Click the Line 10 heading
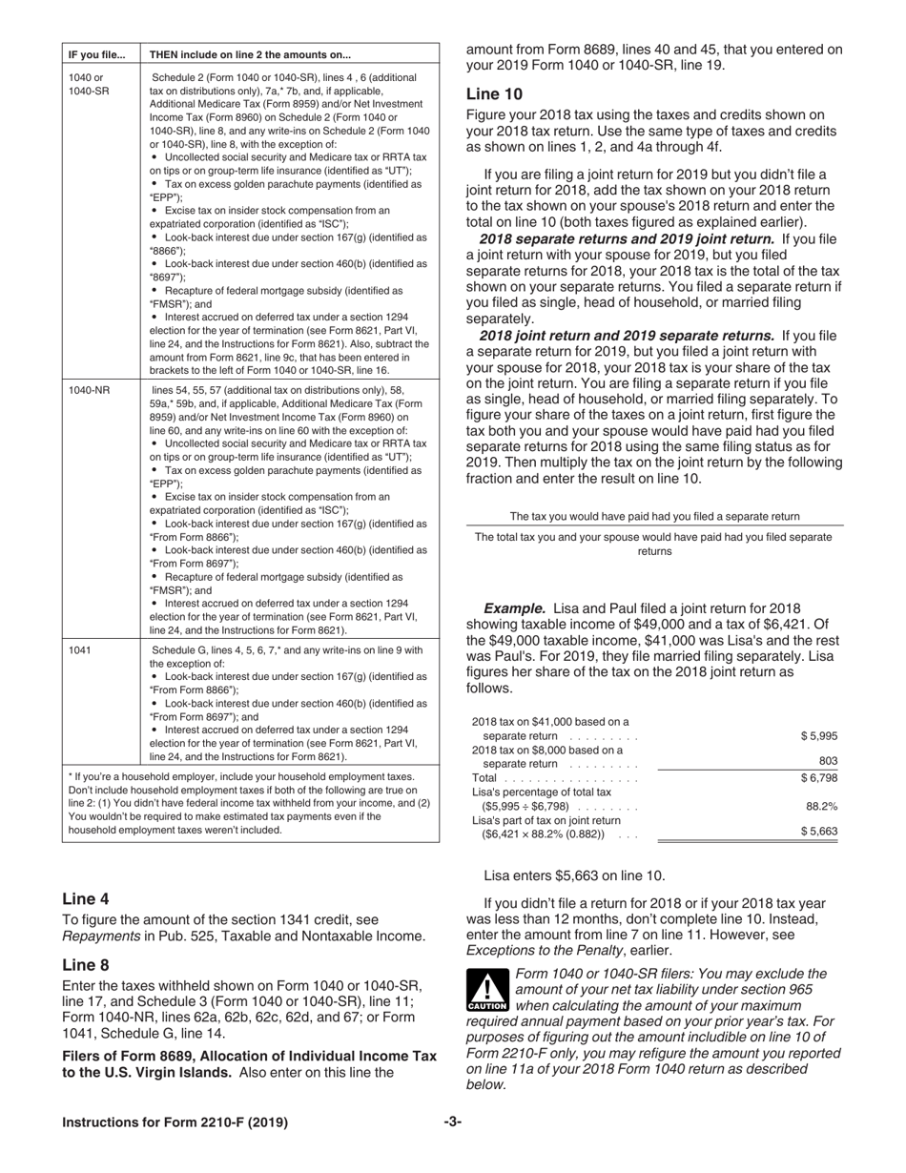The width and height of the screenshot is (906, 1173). point(494,93)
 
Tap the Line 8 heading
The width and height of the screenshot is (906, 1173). point(85,964)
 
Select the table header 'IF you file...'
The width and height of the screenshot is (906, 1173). point(96,53)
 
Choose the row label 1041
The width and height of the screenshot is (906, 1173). point(80,649)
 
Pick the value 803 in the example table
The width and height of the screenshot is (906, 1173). point(828,760)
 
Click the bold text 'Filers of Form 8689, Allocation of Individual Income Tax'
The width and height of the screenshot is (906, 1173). point(249,1056)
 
